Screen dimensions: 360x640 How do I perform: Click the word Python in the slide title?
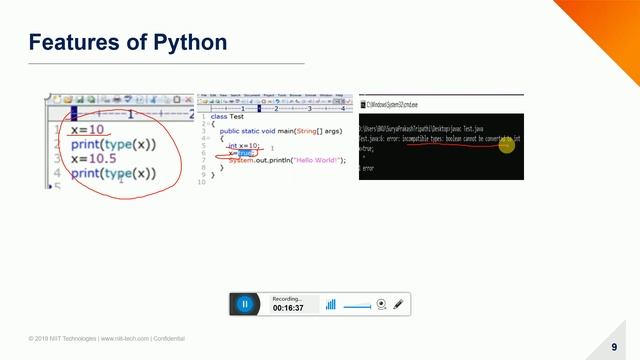tap(189, 42)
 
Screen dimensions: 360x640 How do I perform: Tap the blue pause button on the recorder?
tap(244, 303)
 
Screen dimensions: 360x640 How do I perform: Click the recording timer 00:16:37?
tap(288, 308)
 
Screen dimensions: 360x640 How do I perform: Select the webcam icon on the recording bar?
tap(380, 303)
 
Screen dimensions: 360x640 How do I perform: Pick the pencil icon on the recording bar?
tap(398, 303)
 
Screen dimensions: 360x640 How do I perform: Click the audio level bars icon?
tap(330, 304)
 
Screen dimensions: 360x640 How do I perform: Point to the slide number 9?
tap(614, 346)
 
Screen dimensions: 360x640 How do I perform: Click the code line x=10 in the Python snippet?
tap(85, 131)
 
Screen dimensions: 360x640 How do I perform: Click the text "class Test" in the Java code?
tap(228, 116)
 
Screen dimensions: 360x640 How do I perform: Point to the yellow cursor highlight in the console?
tap(507, 145)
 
